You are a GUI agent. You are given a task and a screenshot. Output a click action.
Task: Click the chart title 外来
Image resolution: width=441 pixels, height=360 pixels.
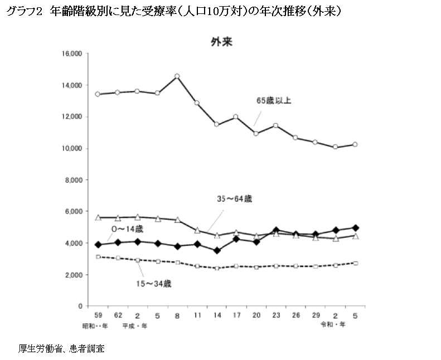tap(222, 42)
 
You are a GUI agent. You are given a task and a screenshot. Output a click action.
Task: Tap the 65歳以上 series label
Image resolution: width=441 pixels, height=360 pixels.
tap(274, 101)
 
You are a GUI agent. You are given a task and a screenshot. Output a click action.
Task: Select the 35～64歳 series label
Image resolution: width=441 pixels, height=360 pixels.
tap(236, 199)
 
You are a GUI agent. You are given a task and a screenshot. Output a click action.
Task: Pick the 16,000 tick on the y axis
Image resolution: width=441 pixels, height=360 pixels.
tap(72, 54)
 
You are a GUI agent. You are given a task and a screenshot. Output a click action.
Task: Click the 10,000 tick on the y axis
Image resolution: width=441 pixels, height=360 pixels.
tap(72, 149)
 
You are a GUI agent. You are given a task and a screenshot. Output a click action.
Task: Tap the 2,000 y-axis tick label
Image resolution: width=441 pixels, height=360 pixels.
tap(73, 275)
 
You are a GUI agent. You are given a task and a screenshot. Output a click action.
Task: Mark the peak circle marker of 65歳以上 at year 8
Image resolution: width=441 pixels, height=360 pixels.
tap(177, 76)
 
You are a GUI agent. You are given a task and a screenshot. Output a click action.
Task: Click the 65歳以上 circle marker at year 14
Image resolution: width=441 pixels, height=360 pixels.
tap(217, 125)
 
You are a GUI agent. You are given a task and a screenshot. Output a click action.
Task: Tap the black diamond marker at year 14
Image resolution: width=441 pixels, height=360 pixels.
tap(217, 251)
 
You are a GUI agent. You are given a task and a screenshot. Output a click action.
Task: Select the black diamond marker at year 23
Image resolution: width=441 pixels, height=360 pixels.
tap(276, 230)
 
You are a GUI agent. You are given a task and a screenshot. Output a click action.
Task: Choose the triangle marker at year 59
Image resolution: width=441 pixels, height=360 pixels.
tap(98, 217)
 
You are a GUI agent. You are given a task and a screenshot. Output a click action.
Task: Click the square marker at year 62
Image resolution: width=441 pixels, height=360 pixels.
tap(118, 258)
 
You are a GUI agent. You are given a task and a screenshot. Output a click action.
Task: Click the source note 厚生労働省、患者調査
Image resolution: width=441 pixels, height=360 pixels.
tap(61, 349)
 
